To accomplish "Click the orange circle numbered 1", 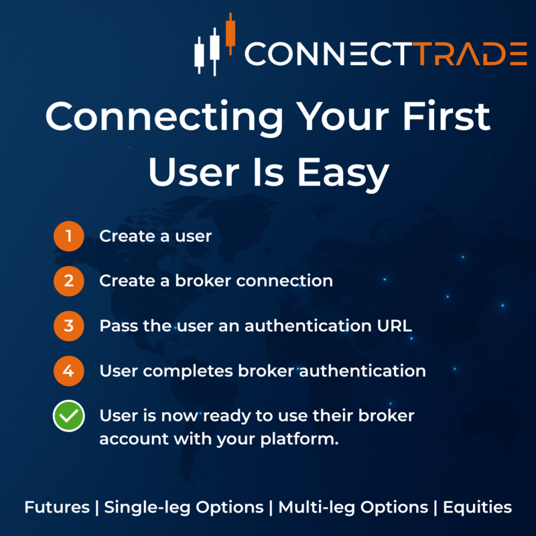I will [68, 237].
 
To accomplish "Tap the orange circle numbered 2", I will [68, 281].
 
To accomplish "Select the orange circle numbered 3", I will [68, 326].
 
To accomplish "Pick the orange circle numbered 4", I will [68, 371].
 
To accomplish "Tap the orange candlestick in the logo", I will [230, 32].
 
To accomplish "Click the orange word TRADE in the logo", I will [466, 53].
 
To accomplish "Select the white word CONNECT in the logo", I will [326, 53].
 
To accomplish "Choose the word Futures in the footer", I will [56, 507].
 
